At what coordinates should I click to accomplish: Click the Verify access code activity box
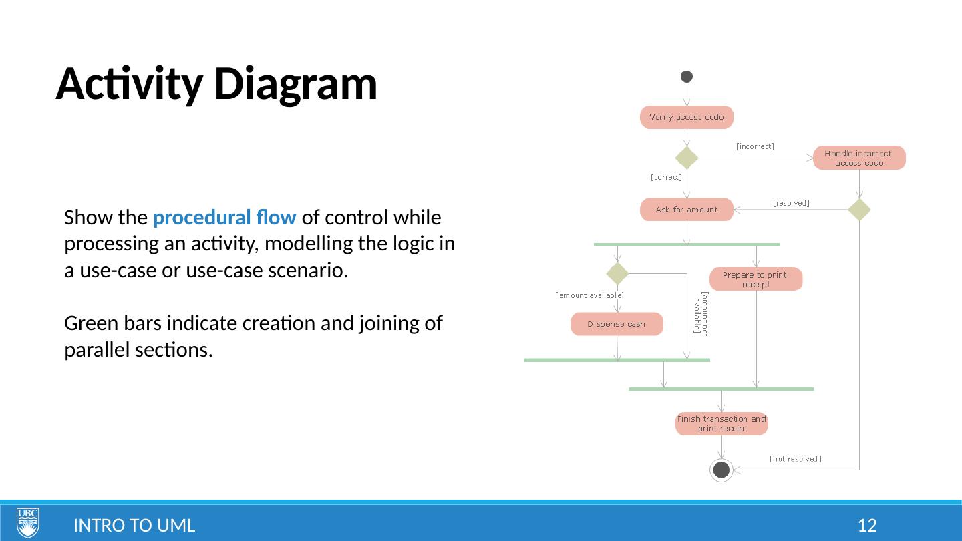pos(687,117)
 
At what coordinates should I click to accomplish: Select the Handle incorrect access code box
pos(859,158)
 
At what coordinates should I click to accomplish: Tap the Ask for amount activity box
pos(687,210)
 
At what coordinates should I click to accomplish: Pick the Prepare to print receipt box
pos(756,279)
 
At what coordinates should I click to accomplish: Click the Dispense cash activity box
pos(617,324)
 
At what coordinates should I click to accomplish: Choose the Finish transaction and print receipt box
pos(721,423)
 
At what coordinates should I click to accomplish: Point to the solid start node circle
pos(687,77)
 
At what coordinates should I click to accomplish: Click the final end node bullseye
pos(721,470)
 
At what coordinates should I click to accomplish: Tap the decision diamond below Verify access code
pos(687,158)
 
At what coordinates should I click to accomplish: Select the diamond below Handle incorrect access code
pos(859,210)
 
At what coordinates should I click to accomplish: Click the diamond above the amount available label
pos(617,273)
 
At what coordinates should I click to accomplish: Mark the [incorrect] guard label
pos(755,146)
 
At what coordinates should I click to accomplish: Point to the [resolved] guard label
pos(791,203)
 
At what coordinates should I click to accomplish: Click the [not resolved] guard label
pos(795,459)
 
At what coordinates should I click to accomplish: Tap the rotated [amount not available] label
pos(701,313)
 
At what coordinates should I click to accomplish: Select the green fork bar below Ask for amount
pos(687,244)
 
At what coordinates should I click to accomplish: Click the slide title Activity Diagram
pos(216,85)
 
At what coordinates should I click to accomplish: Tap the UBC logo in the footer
pos(28,522)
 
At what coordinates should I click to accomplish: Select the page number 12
pos(866,526)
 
